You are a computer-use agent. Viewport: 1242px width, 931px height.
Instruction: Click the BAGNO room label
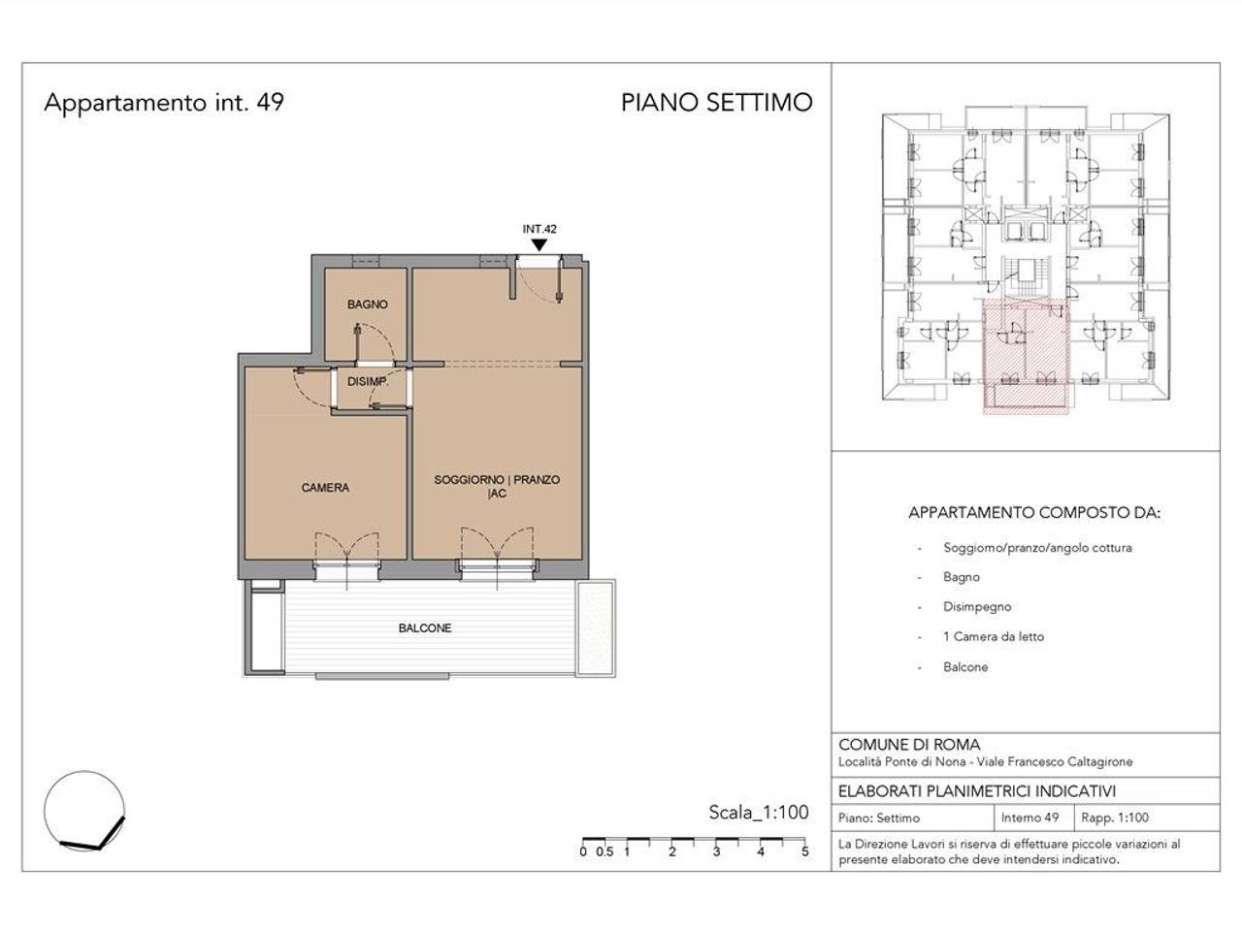tap(367, 305)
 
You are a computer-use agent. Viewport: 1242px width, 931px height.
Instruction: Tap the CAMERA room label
tap(325, 488)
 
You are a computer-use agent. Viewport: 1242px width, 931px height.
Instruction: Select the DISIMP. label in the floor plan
tap(368, 381)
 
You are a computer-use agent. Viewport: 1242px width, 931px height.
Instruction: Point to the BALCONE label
tap(425, 628)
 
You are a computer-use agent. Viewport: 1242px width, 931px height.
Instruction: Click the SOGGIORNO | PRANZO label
tap(497, 480)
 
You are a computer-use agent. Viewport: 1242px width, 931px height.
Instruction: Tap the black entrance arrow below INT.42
tap(539, 244)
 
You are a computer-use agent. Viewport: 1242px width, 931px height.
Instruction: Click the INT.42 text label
tap(539, 229)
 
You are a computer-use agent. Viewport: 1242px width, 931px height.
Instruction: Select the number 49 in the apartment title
tap(271, 103)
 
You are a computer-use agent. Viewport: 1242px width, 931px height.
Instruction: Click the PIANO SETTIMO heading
tap(717, 103)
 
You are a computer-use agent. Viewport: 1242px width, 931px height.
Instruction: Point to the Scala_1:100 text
tap(759, 813)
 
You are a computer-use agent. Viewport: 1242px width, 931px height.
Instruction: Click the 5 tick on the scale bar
tap(804, 851)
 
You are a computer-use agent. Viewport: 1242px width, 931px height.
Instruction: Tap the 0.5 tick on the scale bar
tap(605, 851)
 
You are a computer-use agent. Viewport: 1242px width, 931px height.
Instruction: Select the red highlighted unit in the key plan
tap(1026, 357)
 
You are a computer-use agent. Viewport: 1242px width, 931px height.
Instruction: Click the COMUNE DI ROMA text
tap(909, 745)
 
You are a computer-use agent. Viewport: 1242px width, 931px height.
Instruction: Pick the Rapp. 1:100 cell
tap(1115, 818)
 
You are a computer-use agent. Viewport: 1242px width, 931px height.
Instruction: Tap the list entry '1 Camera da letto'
tap(994, 636)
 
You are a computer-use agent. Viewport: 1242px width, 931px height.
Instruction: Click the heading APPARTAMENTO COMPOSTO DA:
tap(1034, 513)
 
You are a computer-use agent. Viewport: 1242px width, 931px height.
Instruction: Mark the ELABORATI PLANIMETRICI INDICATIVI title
tap(977, 791)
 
